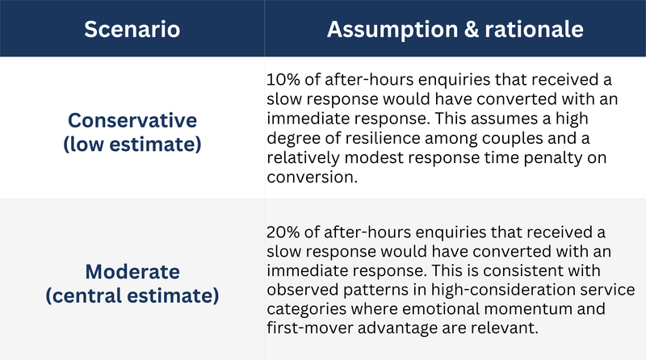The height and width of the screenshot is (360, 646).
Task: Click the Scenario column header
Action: click(132, 29)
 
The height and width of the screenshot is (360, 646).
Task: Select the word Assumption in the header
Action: click(392, 30)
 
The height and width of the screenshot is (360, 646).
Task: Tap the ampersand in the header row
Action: click(471, 29)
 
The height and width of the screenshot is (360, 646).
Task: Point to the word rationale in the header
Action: click(534, 29)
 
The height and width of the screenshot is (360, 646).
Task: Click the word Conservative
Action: click(132, 120)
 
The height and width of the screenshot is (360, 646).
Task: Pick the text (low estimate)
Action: click(132, 144)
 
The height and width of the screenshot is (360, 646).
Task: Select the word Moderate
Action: click(132, 272)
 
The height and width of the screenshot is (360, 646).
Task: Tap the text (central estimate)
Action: click(132, 295)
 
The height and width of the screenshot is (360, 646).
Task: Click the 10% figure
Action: click(283, 79)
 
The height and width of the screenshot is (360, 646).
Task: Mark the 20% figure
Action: click(283, 232)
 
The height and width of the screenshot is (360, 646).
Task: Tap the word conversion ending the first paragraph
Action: click(310, 177)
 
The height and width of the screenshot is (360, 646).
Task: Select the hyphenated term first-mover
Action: click(310, 329)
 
